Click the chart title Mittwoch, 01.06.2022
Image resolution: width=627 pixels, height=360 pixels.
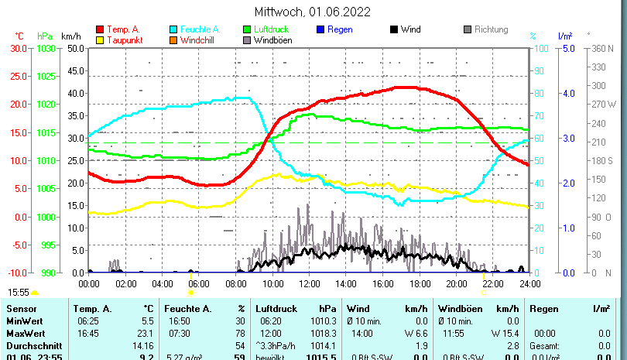point(313,12)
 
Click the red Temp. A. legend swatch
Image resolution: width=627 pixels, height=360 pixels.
point(100,29)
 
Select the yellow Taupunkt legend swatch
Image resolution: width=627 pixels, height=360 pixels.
point(100,39)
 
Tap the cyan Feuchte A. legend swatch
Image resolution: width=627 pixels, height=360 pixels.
point(173,29)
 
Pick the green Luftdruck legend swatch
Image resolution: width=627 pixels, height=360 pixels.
point(248,29)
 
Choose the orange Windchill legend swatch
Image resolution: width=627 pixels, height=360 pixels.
point(173,39)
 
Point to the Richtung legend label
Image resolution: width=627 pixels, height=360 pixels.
point(492,29)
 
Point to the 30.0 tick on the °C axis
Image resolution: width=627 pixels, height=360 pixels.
point(18,48)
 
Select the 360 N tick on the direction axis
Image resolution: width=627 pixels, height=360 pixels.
point(602,48)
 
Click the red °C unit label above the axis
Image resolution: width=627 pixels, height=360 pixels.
point(19,36)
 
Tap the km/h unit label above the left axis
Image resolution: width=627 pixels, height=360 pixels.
point(70,36)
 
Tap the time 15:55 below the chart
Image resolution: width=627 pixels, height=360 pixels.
point(19,292)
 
